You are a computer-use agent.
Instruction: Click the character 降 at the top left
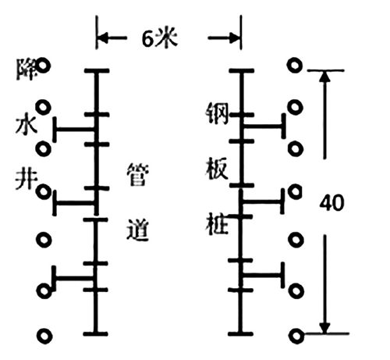26,70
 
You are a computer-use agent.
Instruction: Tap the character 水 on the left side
27,126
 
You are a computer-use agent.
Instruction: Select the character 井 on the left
26,180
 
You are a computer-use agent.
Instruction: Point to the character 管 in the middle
138,174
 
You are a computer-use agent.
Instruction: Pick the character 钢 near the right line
217,113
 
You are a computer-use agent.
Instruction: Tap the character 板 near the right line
218,169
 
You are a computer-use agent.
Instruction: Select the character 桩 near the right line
217,224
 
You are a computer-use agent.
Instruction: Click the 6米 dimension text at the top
160,38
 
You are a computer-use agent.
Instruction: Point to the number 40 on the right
331,202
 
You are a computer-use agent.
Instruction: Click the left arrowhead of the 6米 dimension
102,38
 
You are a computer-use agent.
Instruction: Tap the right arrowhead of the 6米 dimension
234,38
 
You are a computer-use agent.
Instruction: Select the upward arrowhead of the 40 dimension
324,76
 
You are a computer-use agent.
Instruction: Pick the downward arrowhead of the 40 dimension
324,328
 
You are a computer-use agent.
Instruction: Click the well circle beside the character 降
43,66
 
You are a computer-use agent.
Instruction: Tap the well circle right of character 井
43,192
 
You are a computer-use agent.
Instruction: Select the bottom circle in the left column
44,336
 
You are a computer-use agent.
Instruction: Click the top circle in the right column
295,66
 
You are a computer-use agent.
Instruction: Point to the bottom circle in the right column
296,336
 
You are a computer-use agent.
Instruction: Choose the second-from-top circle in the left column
43,107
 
